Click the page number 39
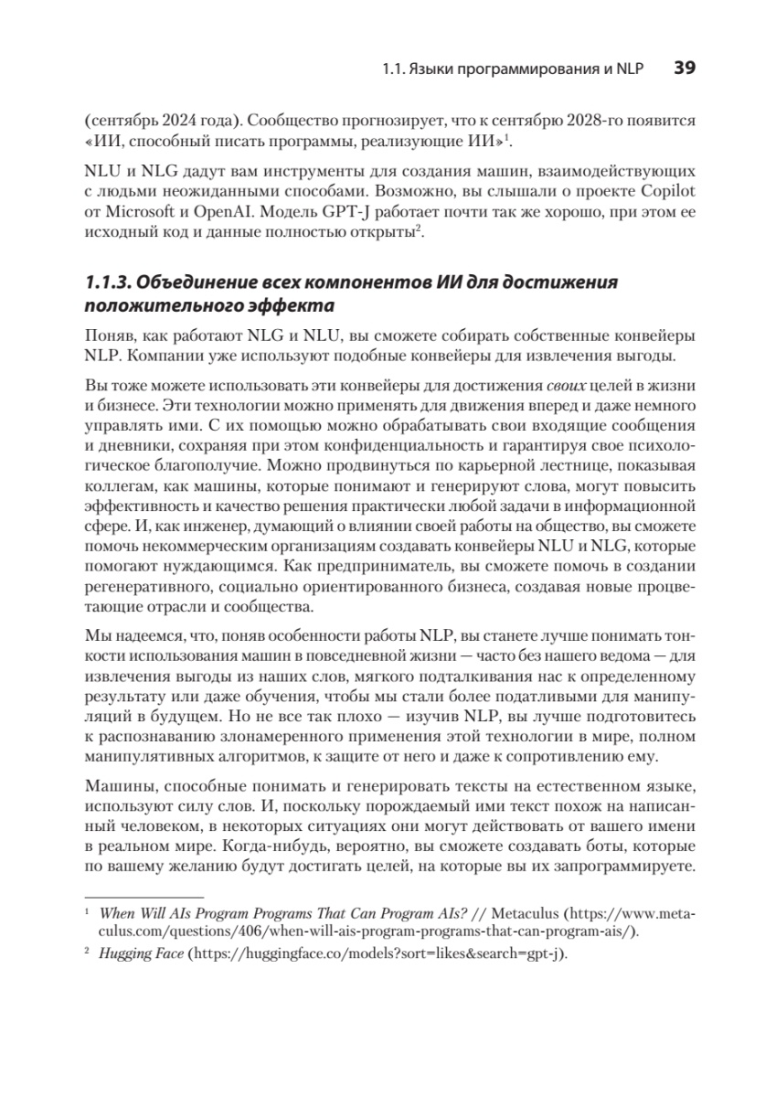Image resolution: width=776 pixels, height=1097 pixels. pos(686,68)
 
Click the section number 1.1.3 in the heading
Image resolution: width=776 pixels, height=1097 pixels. pos(108,282)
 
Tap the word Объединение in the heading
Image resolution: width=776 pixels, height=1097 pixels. pos(197,282)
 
